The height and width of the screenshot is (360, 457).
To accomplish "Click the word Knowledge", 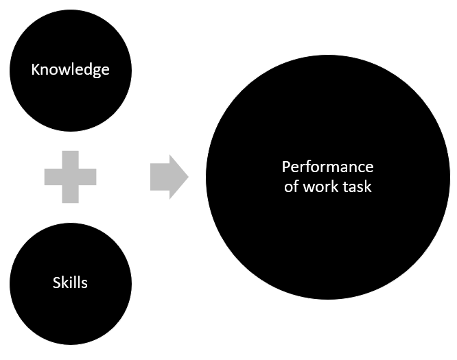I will [x=70, y=70].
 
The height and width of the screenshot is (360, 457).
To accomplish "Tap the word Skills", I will [x=70, y=282].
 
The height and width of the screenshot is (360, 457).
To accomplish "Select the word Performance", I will [x=327, y=167].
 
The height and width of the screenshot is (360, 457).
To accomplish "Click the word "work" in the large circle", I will [x=319, y=186].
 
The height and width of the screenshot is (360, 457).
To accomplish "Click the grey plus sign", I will [x=70, y=176].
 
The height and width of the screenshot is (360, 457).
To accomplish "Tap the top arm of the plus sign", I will [x=70, y=158].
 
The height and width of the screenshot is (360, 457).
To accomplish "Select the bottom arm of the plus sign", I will [x=70, y=195].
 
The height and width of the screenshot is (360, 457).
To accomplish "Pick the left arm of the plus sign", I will [x=52, y=176].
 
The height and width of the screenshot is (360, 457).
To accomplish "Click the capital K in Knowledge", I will [x=34, y=69].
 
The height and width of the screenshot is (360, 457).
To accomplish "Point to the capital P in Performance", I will [x=285, y=167].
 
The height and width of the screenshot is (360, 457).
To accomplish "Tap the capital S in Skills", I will [x=56, y=282].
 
